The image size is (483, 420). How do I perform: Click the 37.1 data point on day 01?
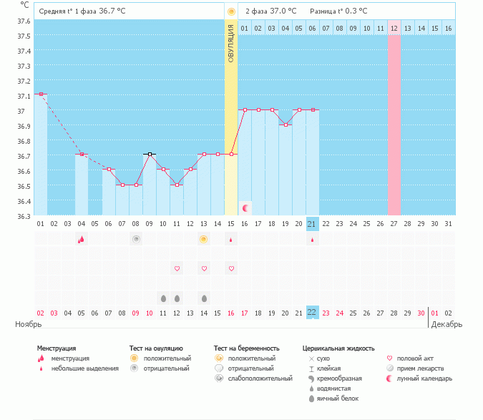(x=41, y=94)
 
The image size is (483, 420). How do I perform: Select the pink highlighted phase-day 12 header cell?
(x=394, y=28)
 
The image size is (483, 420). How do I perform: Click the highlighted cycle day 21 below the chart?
(x=312, y=224)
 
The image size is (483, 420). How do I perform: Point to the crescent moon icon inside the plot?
(x=245, y=207)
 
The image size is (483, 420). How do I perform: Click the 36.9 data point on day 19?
(x=286, y=124)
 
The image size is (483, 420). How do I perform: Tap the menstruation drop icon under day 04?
(x=82, y=239)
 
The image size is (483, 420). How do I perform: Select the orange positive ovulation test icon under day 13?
(x=204, y=239)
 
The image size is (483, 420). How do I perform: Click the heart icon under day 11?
(x=177, y=268)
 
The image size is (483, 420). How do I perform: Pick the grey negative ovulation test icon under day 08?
(x=136, y=239)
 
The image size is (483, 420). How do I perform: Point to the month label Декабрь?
(x=447, y=324)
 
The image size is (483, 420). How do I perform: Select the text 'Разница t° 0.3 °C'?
(x=338, y=11)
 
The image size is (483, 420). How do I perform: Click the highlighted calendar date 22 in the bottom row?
(x=312, y=313)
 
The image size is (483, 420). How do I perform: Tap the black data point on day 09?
(x=150, y=154)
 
